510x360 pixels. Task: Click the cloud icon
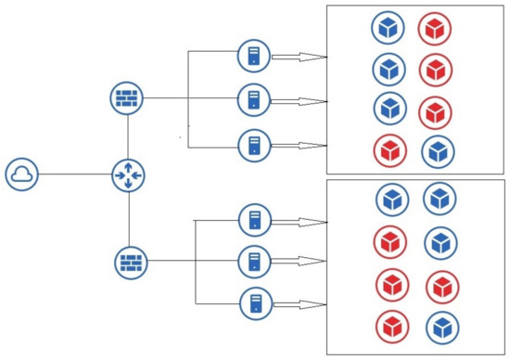click(21, 174)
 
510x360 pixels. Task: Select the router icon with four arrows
click(128, 174)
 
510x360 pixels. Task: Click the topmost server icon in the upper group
click(253, 55)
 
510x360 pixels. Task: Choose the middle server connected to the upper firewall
click(253, 98)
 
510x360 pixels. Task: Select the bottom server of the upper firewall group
click(253, 146)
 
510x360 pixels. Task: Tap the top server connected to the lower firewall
click(255, 221)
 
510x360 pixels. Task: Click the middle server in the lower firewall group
click(255, 262)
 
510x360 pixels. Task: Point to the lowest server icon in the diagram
click(255, 303)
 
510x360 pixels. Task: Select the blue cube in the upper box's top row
click(388, 27)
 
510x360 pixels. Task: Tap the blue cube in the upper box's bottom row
click(437, 151)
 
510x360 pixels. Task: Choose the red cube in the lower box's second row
click(391, 242)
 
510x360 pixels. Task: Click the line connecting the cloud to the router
click(74, 174)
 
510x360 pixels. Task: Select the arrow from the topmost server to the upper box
click(299, 57)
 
